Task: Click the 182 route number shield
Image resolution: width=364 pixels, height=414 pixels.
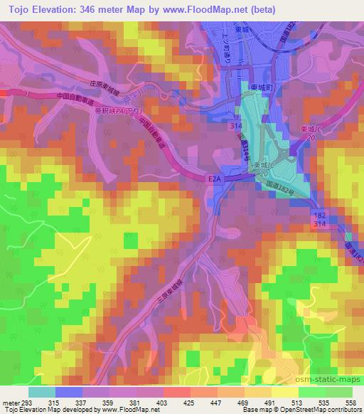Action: [x=320, y=213]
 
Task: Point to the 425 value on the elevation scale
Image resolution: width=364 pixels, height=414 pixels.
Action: [x=189, y=403]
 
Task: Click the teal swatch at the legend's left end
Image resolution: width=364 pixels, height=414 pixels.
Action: [x=41, y=392]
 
